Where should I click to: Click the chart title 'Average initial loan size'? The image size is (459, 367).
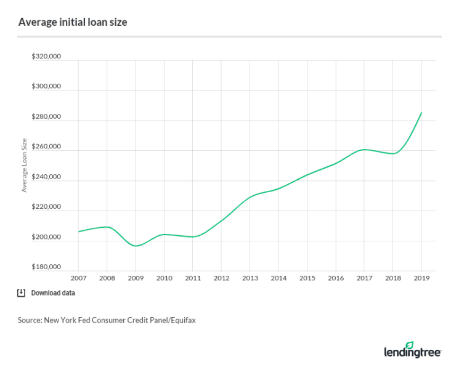[73, 22]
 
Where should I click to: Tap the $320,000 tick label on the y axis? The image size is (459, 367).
[46, 57]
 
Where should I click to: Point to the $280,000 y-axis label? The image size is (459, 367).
[46, 117]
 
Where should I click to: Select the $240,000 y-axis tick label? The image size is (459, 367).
[46, 177]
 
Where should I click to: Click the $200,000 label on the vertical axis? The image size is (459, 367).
[46, 238]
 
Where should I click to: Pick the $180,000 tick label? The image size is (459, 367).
[46, 267]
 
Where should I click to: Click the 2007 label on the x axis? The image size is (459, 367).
[78, 278]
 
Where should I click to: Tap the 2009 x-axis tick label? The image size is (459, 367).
[136, 278]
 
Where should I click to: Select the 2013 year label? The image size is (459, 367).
[250, 278]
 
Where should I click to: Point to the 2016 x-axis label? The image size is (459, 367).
[335, 278]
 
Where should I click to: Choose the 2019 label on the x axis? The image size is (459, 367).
[421, 278]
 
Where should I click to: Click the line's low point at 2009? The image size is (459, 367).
[136, 246]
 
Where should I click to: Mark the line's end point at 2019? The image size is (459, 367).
[421, 113]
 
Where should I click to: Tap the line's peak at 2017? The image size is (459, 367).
[365, 149]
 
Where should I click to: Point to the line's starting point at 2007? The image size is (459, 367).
[78, 232]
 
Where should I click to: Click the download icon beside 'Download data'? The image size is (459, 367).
[21, 292]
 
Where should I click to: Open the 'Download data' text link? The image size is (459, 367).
[53, 293]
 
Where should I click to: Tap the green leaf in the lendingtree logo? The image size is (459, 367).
[410, 346]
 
